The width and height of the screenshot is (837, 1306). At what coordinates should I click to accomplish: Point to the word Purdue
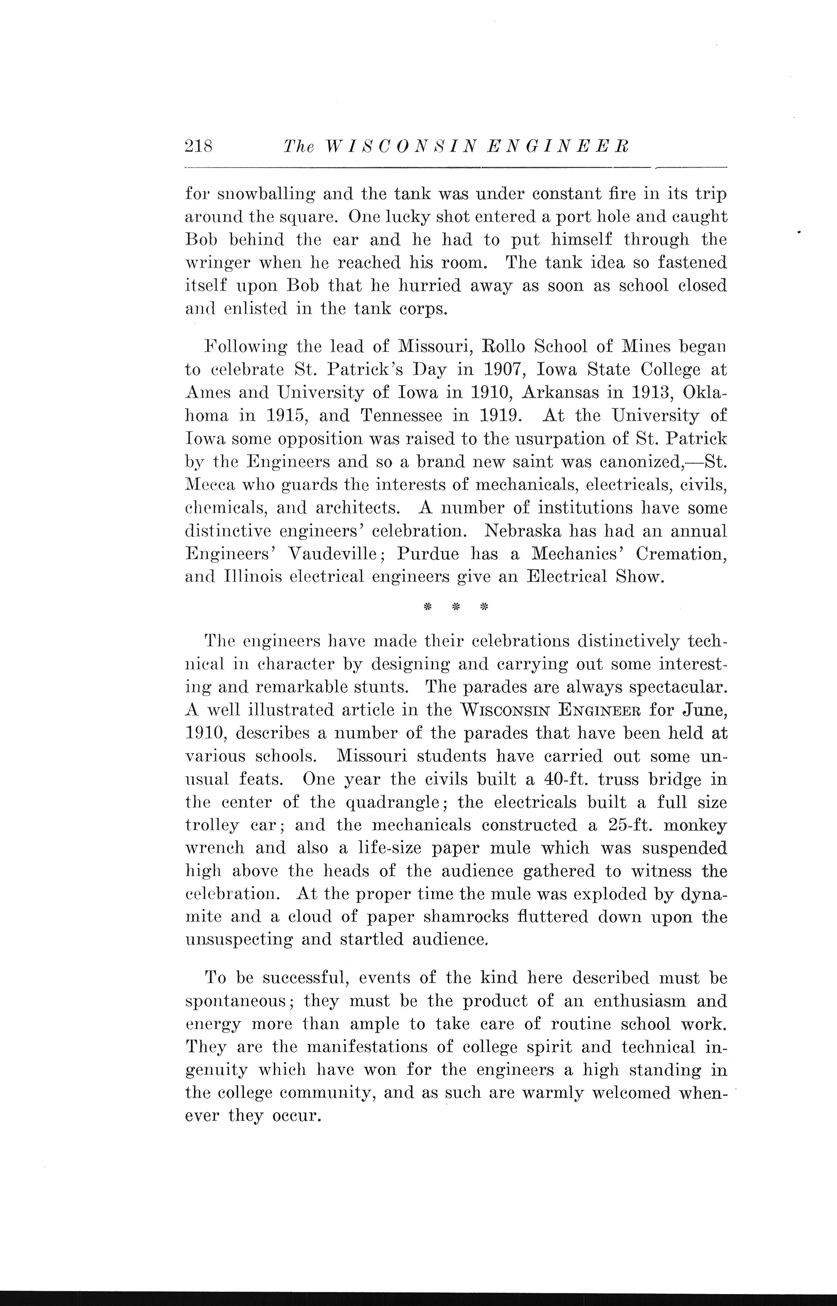pyautogui.click(x=429, y=553)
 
